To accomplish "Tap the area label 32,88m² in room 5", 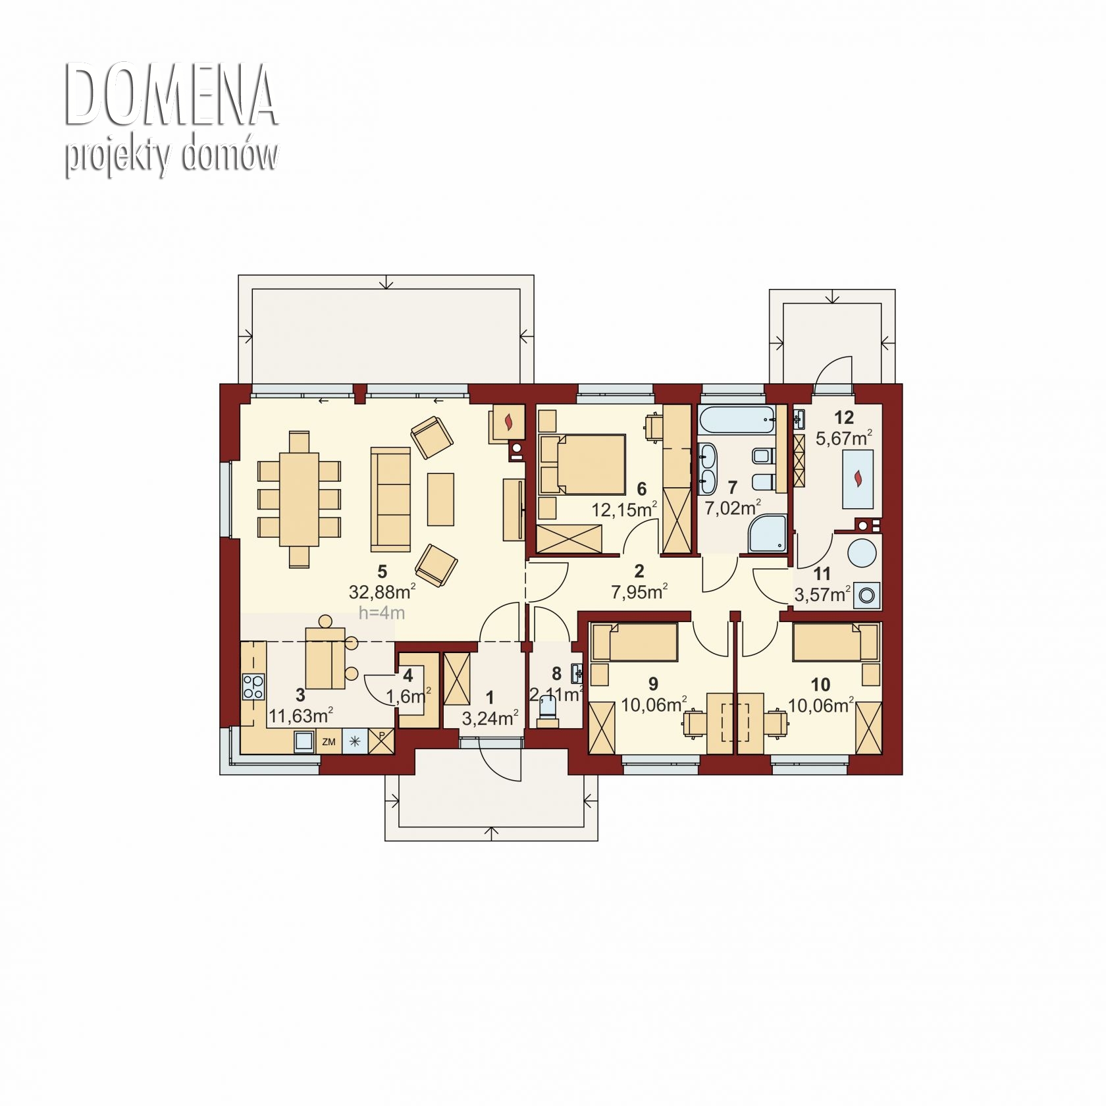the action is pos(382,592).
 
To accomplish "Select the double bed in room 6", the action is pos(582,463).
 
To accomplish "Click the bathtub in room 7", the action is pos(737,419).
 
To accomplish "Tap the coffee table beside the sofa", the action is pos(440,499).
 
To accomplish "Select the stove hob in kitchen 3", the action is pos(253,687).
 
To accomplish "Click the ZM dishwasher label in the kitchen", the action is pos(329,742).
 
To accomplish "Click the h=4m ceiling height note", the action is pos(381,613).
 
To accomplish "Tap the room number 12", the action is pos(844,417).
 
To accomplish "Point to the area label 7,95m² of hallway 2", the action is pos(639,592).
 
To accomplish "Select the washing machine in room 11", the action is pos(867,596).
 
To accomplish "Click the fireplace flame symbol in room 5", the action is pos(508,422).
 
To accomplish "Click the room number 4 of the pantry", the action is pos(408,675).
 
